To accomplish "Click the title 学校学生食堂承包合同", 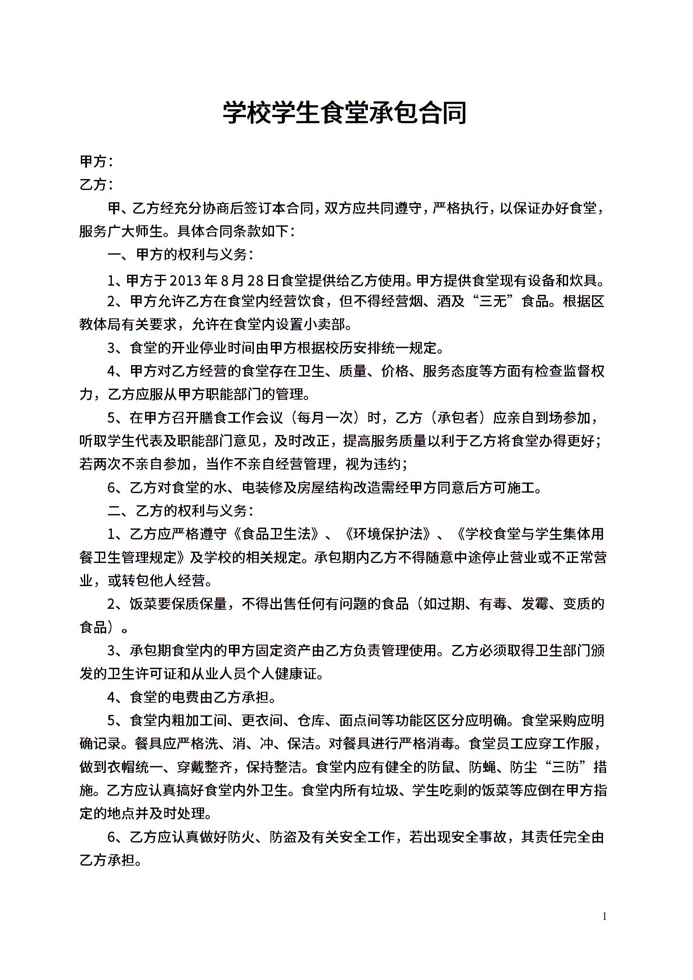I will [345, 113].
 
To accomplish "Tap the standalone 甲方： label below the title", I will [96, 162].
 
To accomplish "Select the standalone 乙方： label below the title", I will [96, 185].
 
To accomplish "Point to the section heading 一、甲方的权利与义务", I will [180, 255].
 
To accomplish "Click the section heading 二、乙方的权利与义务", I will [180, 511].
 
